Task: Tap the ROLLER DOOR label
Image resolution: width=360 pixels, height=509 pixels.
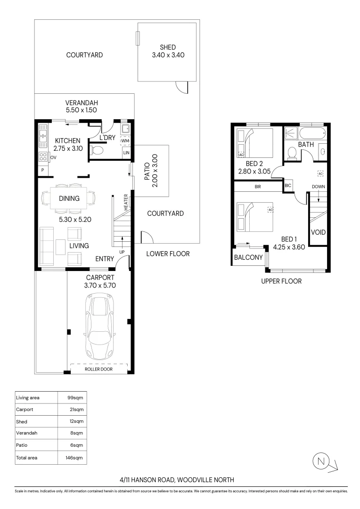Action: click(98, 369)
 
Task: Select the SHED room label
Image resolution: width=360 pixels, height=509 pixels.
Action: click(168, 47)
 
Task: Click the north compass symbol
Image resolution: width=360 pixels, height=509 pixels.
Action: click(320, 461)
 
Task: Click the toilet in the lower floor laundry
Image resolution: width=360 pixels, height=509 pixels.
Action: click(98, 151)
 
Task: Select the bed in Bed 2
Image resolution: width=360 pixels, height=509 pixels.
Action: click(254, 143)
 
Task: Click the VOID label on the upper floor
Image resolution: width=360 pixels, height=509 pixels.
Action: click(319, 232)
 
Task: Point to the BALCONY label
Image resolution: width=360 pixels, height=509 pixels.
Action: click(248, 257)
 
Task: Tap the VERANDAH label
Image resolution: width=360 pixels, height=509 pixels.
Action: click(82, 103)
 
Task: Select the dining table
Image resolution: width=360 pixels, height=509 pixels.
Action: click(69, 198)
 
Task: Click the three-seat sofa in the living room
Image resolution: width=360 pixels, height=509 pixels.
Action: click(47, 246)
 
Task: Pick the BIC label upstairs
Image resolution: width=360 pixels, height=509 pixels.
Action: click(288, 186)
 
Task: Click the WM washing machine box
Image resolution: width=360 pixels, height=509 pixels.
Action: click(125, 141)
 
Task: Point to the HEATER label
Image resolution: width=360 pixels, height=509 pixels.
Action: click(126, 203)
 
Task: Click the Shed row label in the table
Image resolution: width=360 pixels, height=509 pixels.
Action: click(22, 421)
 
